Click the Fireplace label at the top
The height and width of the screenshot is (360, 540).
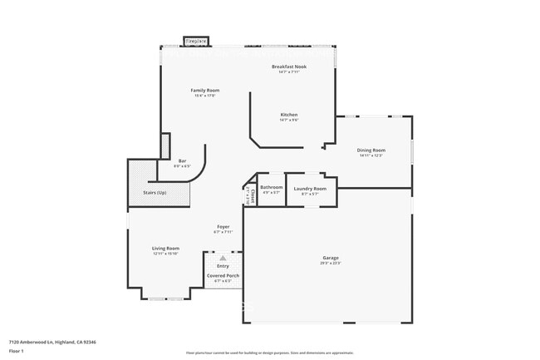(196, 41)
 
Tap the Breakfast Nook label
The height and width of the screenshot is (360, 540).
(289, 66)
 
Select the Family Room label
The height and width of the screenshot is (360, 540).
(204, 90)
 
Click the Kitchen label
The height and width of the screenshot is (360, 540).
(288, 115)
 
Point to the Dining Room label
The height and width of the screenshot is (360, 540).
(371, 150)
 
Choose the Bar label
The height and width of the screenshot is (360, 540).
(182, 161)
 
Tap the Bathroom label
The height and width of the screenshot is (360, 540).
(271, 188)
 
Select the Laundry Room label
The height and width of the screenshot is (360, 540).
(310, 189)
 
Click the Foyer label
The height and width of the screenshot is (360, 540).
(223, 226)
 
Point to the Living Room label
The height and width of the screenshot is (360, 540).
(165, 249)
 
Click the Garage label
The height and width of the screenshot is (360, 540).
(331, 258)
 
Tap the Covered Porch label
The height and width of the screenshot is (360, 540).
(223, 275)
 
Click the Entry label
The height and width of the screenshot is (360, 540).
(223, 266)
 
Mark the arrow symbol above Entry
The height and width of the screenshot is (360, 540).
(223, 259)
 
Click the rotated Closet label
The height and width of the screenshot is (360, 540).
(248, 193)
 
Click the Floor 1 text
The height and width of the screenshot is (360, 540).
(17, 351)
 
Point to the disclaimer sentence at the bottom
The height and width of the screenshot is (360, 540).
(269, 353)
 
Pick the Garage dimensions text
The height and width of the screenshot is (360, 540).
(331, 264)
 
